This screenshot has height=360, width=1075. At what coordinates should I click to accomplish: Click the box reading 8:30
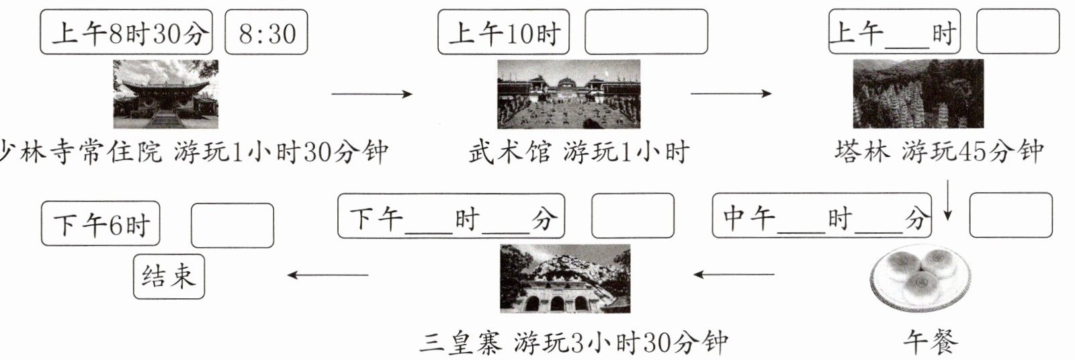265,32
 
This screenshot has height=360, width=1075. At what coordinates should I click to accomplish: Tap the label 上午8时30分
126,32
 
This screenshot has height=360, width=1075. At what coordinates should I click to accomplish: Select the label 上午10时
503,32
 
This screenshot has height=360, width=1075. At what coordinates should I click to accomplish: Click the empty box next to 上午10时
646,32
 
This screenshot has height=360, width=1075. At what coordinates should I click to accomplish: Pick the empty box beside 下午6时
232,226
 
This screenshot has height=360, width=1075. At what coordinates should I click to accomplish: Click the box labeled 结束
169,276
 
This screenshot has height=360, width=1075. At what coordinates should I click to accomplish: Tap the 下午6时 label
101,224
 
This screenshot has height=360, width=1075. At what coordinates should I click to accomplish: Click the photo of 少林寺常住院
165,94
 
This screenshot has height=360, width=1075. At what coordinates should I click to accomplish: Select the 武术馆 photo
568,94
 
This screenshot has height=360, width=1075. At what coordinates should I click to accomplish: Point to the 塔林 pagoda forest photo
918,94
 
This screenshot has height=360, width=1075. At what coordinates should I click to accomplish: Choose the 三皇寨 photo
565,279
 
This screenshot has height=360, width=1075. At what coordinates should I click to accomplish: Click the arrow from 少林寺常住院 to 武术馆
372,94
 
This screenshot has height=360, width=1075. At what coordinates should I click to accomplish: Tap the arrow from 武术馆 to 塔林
731,93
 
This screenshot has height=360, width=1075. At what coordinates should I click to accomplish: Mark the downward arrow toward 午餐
947,199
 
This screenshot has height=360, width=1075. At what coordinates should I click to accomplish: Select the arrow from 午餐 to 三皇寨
734,274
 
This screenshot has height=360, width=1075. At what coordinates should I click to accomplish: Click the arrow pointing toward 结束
328,274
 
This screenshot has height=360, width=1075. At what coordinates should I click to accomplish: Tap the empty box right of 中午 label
1010,215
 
